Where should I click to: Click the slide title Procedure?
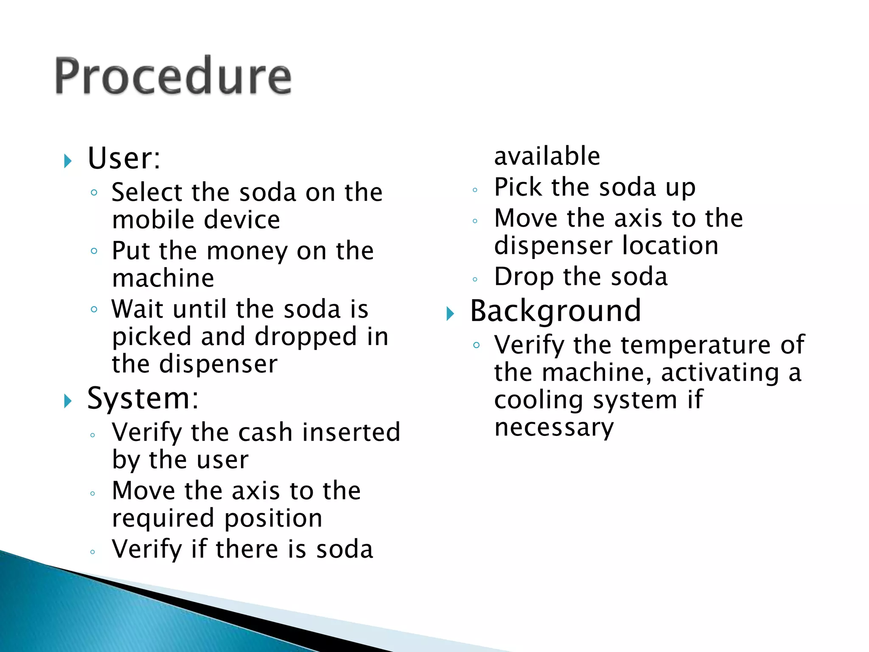click(173, 76)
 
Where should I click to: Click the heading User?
click(124, 158)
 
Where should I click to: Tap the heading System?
click(143, 399)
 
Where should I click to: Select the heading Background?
click(555, 312)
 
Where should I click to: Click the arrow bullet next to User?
click(68, 161)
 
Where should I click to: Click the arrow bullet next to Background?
click(450, 314)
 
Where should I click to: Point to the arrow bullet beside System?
click(68, 401)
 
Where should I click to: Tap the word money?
click(247, 251)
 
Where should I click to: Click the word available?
click(547, 156)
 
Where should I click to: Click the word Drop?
click(524, 277)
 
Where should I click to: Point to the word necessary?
click(554, 427)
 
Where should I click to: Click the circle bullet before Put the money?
click(94, 251)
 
